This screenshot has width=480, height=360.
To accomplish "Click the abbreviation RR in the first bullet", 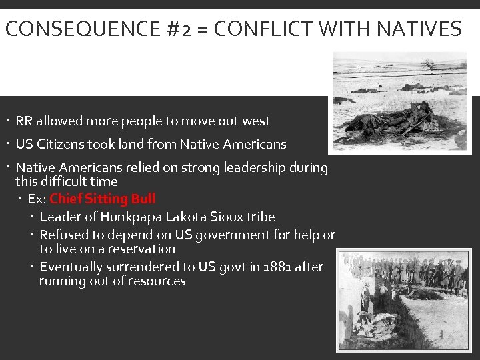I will pyautogui.click(x=24, y=121).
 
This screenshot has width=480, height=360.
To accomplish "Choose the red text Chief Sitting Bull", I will pyautogui.click(x=102, y=199).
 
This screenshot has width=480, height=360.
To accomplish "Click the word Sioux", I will pyautogui.click(x=228, y=217).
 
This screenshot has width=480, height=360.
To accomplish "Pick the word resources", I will pyautogui.click(x=157, y=281).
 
